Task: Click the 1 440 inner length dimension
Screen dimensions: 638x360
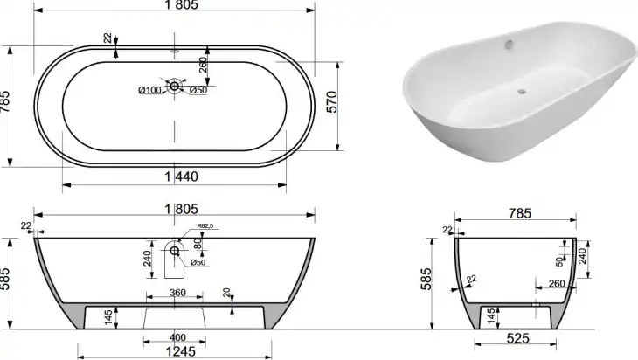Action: (182, 177)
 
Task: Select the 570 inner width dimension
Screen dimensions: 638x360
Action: (332, 101)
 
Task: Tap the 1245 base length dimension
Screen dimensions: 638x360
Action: (181, 350)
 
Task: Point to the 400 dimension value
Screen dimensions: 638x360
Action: (177, 337)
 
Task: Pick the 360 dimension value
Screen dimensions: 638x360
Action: (177, 293)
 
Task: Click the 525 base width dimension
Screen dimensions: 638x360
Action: (518, 338)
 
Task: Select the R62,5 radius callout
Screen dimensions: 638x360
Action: (205, 225)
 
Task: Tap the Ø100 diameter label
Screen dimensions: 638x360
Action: (149, 90)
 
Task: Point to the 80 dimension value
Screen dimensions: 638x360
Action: (198, 244)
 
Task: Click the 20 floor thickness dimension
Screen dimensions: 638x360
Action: (226, 292)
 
